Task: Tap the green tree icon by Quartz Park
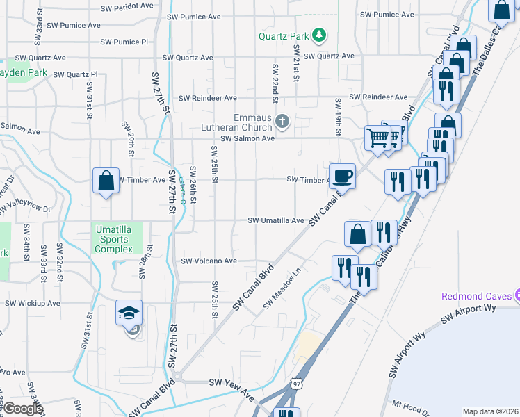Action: pos(319,34)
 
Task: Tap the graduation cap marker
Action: pos(129,313)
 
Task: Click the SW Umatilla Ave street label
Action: pos(277,221)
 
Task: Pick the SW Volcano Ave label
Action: pos(209,261)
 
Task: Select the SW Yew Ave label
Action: pos(232,386)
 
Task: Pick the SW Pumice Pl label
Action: pos(124,42)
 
